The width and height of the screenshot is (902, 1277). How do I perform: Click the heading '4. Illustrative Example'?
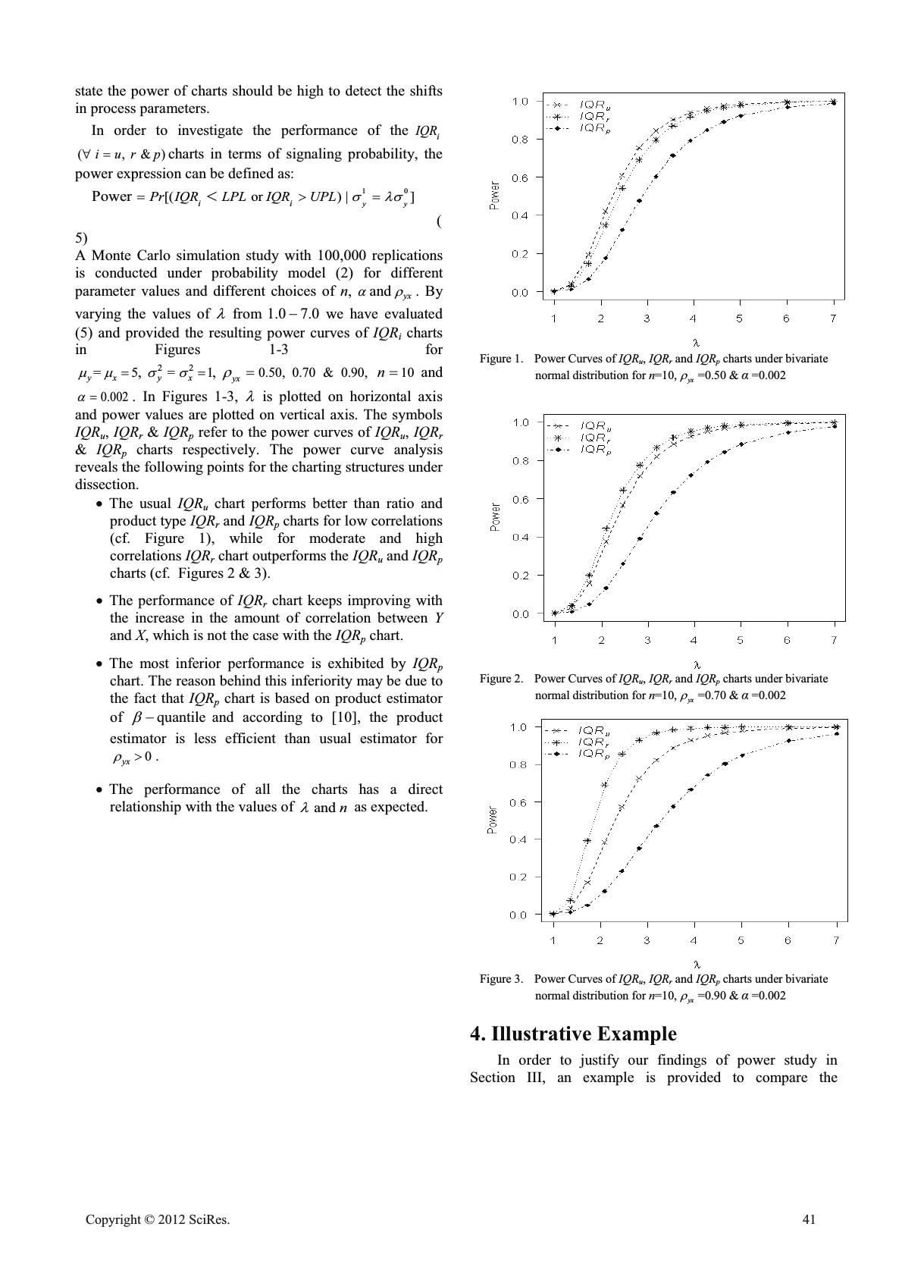coord(573,1034)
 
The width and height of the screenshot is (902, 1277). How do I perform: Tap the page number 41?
coord(809,1219)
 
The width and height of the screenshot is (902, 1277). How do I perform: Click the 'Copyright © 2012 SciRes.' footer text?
coord(157,1219)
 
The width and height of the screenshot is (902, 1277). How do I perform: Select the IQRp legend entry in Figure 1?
coord(596,129)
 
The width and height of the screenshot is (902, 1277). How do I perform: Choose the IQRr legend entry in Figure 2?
coord(596,438)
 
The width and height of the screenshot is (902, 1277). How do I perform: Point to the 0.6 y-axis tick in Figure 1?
coord(519,177)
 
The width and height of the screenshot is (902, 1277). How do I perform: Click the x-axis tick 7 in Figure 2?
coord(834,640)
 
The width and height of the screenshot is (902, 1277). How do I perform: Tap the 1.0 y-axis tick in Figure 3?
coord(518,727)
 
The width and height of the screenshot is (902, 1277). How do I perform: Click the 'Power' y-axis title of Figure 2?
coord(495,517)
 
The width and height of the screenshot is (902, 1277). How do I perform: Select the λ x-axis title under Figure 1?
coord(696,344)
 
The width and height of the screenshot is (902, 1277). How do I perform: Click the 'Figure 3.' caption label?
coord(501,979)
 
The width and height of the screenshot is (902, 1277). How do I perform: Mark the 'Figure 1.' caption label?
coord(501,359)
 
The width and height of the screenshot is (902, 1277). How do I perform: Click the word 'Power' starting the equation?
coord(111,196)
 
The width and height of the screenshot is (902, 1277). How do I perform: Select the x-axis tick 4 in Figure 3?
coord(693,940)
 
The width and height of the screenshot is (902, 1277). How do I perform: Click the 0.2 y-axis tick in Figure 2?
coord(519,576)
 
